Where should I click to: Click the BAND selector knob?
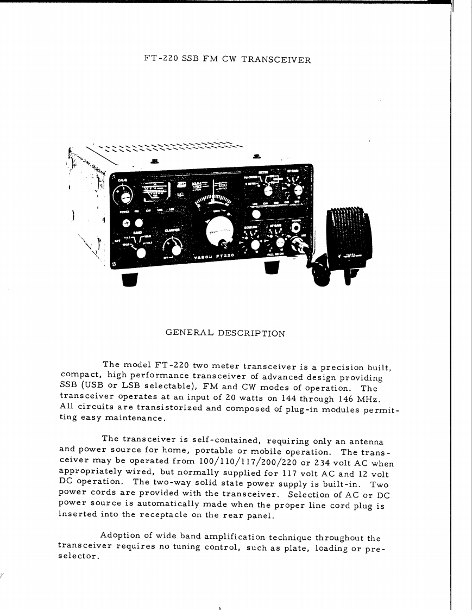(142, 253)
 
